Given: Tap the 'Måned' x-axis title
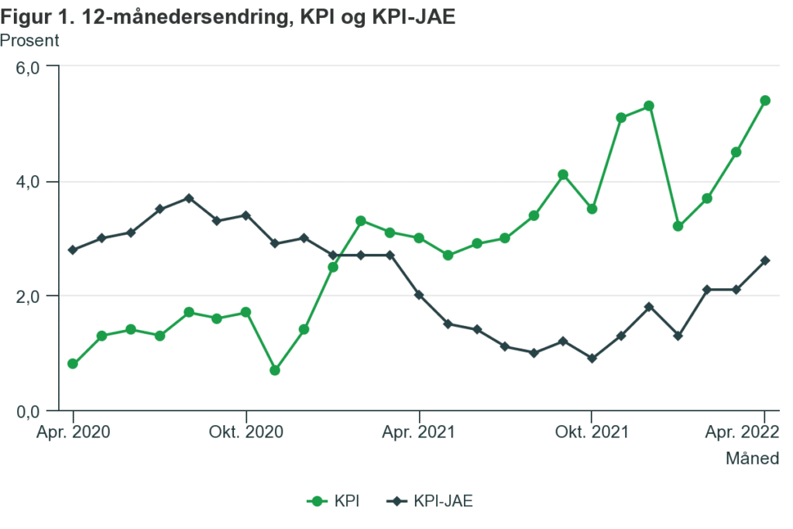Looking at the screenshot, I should [752, 459].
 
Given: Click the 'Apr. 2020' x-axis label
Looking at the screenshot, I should [73, 431].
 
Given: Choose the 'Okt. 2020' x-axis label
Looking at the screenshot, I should [246, 431].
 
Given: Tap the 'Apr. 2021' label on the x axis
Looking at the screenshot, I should [419, 431].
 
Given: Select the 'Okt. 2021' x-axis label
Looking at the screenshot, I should [592, 431].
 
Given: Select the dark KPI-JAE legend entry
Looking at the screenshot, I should [431, 501].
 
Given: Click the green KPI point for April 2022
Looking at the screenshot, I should [765, 101].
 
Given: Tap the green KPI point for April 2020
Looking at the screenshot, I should [73, 364].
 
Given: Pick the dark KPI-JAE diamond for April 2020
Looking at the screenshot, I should [73, 250].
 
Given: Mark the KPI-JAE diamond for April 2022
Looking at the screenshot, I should [765, 261].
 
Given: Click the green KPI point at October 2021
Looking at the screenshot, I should [592, 209].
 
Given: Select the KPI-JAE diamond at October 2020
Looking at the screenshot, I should [246, 215].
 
